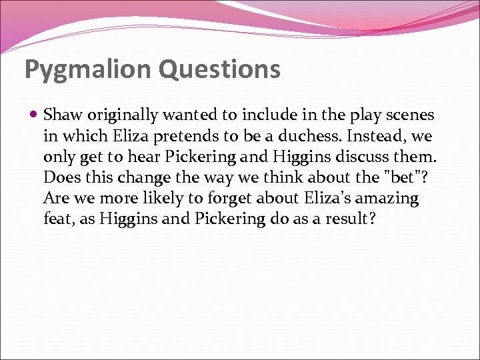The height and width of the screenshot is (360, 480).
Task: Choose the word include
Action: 260,115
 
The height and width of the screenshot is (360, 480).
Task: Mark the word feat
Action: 57,219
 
